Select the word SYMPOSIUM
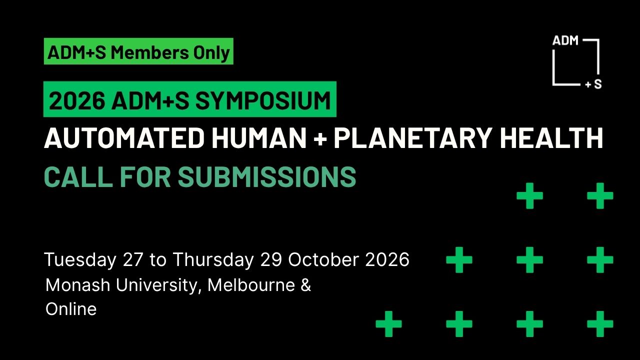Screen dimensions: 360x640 tap(263, 100)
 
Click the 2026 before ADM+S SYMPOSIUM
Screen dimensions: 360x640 tap(76, 100)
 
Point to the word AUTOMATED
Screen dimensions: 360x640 tap(124, 138)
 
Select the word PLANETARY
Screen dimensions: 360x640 tap(411, 138)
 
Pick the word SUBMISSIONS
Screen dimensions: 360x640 tap(267, 176)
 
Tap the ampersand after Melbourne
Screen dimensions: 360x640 tap(306, 285)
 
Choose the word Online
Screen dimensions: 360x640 tap(71, 309)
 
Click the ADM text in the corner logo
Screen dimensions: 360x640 tap(565, 41)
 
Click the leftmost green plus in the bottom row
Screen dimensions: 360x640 tap(388, 324)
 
